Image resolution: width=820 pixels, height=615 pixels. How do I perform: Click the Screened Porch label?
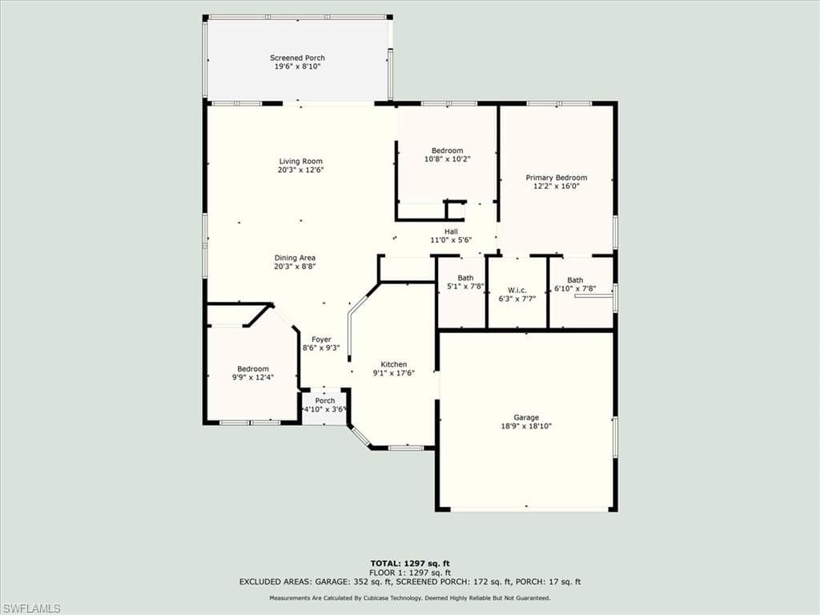(297, 58)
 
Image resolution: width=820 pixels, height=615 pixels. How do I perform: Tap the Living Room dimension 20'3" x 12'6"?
(301, 170)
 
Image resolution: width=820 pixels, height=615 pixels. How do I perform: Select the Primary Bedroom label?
(557, 178)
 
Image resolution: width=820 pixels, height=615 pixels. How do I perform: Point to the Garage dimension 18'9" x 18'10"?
(526, 426)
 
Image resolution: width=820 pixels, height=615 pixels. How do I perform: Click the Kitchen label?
(394, 364)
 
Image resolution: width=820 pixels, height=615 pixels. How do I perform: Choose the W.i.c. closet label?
(517, 291)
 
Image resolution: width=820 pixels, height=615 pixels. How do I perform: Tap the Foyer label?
(321, 340)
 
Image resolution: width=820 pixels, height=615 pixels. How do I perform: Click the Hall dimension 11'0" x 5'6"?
(452, 240)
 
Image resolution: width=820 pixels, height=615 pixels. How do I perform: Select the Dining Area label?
(295, 258)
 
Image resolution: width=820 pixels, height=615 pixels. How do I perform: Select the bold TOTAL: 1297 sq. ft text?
(410, 563)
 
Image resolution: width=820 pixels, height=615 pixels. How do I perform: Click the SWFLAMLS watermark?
(30, 609)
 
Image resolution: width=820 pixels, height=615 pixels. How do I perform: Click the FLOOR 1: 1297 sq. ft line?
(410, 573)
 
